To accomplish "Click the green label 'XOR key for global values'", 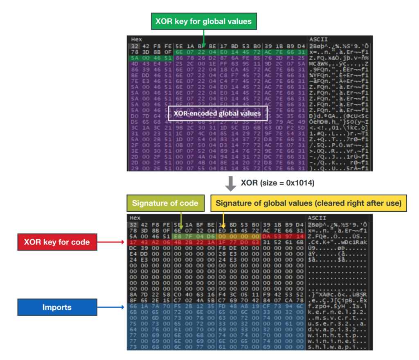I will pos(203,21).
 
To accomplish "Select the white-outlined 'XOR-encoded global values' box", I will pos(218,113).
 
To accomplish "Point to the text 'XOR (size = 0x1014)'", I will pos(277,183).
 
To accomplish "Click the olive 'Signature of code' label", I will pos(165,203).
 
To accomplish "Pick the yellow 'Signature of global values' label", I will pos(309,203).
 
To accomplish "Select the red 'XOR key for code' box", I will pos(57,242).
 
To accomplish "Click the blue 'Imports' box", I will pos(57,307).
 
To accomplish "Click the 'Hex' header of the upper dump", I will pos(136,39).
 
